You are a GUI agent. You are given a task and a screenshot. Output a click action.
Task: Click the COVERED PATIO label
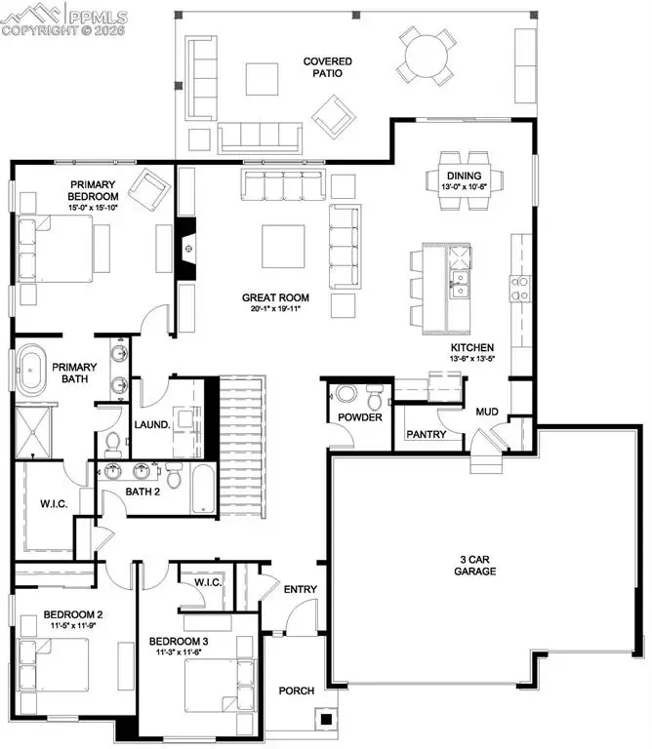click(x=327, y=68)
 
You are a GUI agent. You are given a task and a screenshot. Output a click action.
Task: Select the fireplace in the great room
click(x=186, y=249)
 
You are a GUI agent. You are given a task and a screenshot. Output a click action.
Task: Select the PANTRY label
click(x=426, y=434)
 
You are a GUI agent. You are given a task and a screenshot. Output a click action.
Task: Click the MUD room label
click(x=487, y=412)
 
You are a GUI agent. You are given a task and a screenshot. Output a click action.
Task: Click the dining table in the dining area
click(x=465, y=179)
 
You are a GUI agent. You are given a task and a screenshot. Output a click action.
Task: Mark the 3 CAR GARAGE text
click(x=477, y=565)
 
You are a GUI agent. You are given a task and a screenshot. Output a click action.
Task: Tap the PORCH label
click(x=296, y=690)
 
